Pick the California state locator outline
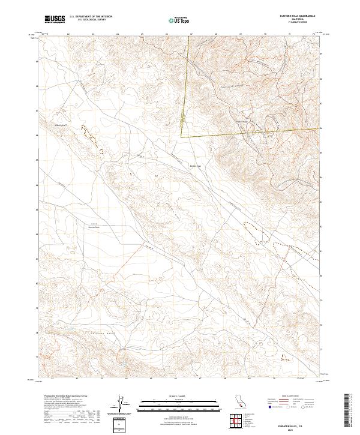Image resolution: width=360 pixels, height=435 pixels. [236, 403]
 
